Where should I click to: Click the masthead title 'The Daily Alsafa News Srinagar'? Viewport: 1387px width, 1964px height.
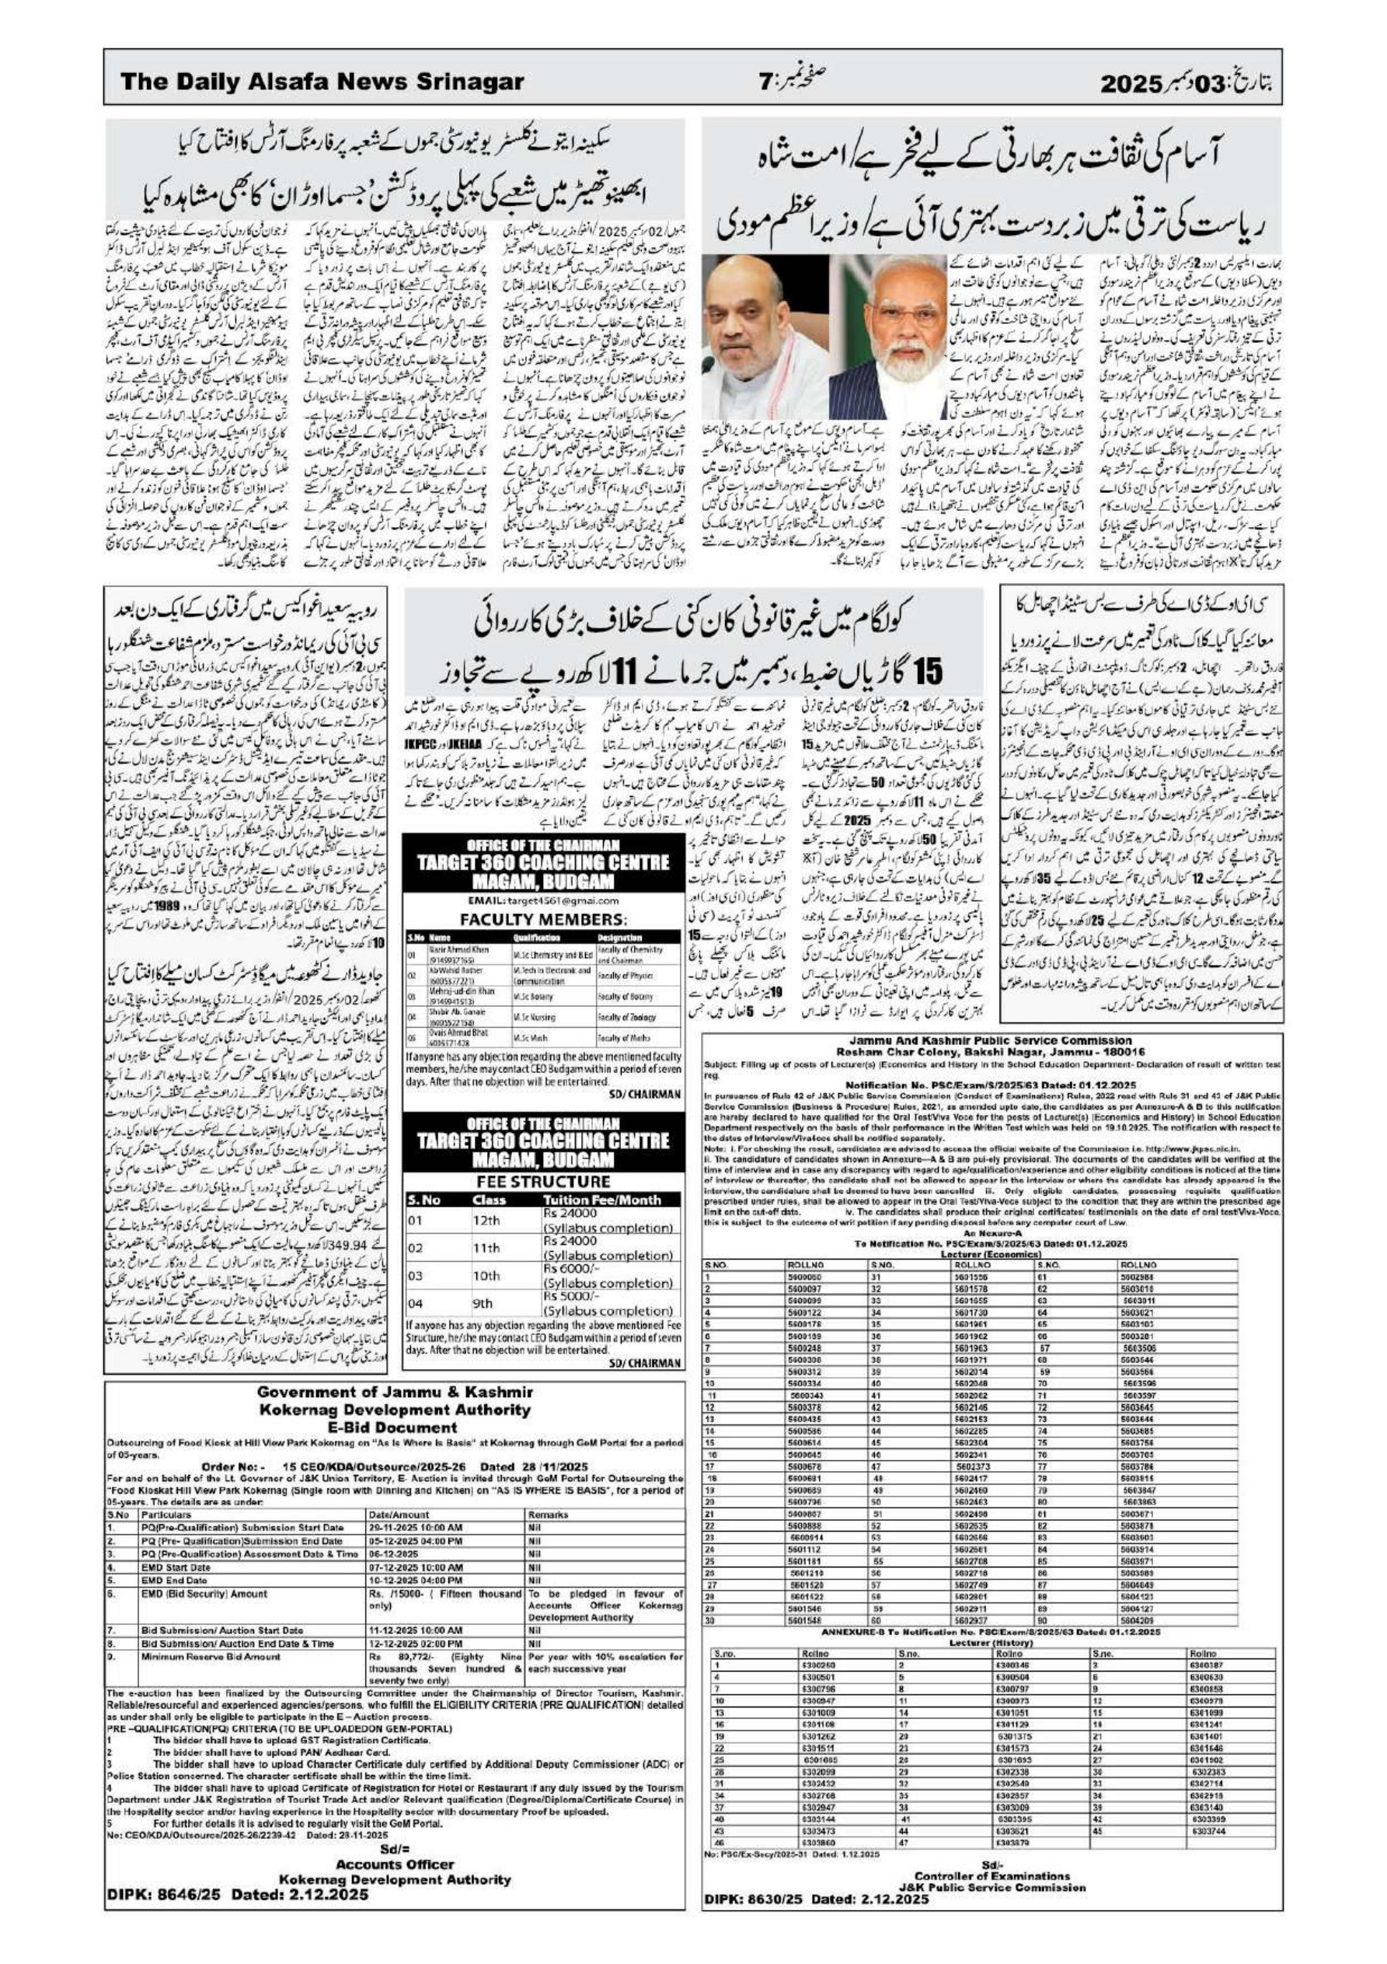point(322,83)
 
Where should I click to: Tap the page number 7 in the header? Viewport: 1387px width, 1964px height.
point(765,83)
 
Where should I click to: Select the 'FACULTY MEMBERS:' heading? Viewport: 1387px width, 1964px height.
point(543,920)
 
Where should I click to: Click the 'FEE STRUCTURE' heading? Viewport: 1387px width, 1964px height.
point(543,1181)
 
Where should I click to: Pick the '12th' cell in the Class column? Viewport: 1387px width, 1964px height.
point(486,1219)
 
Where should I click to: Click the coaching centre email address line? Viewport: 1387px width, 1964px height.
point(543,902)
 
